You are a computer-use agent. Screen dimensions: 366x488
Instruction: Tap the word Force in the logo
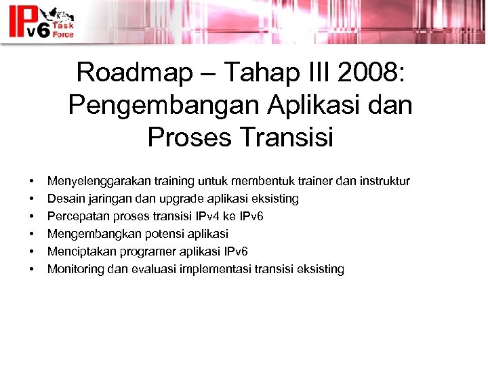(64, 33)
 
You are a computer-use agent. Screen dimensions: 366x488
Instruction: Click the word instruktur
(384, 182)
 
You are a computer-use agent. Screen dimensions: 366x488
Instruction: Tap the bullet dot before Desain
(31, 199)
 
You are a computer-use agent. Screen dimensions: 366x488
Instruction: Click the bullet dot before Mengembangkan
(31, 235)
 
